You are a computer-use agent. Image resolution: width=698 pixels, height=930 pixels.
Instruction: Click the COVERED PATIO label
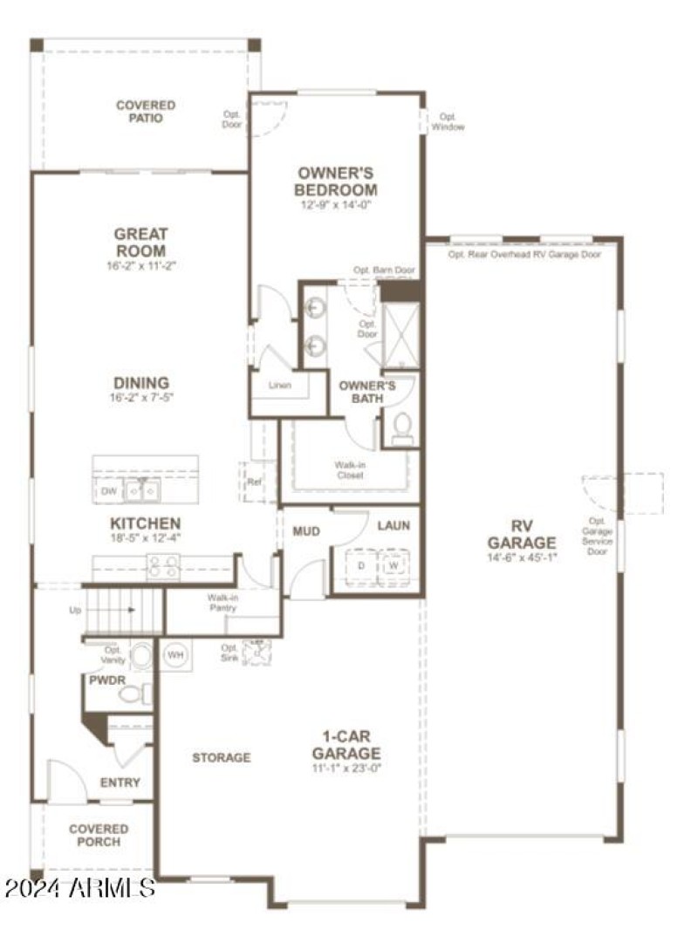(x=145, y=111)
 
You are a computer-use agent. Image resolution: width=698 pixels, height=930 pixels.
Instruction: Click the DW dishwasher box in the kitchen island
(x=109, y=492)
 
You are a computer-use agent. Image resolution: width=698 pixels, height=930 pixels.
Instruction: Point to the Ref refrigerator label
(x=254, y=482)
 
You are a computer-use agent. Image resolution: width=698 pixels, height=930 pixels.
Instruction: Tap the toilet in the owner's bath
(x=402, y=428)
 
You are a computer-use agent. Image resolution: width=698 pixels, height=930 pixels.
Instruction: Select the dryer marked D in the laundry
(x=361, y=565)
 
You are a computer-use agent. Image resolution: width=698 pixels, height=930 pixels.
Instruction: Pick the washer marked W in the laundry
(x=393, y=565)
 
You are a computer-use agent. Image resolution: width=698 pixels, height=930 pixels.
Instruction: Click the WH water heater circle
(x=174, y=654)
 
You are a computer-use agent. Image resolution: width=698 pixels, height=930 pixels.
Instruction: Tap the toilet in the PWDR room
(x=133, y=694)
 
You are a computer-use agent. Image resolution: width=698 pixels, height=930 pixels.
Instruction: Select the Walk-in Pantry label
(x=223, y=603)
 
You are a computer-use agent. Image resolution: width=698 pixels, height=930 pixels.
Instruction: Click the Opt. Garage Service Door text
(x=597, y=536)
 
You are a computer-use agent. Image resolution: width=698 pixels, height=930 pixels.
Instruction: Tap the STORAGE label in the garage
(x=222, y=757)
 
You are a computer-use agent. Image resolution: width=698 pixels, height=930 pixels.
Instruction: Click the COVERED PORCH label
(x=99, y=835)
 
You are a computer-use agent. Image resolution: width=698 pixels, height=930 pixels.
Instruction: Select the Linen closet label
(x=279, y=385)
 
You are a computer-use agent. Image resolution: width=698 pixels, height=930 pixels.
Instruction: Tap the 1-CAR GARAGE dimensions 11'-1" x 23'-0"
(x=346, y=768)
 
